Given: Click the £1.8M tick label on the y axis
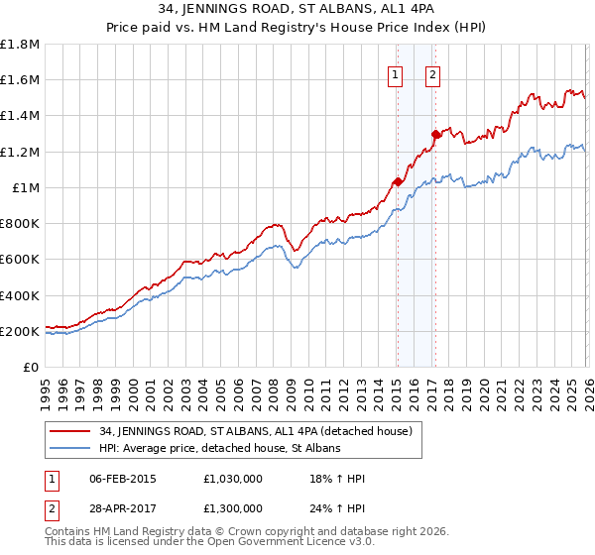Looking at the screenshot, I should coord(20,45).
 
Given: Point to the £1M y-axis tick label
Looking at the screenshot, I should coord(26,187).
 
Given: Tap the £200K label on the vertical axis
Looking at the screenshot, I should coord(20,331).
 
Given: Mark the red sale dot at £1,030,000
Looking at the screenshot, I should coord(397,181).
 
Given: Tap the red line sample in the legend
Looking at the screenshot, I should coord(71,431).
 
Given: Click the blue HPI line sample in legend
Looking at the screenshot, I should coord(71,448).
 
